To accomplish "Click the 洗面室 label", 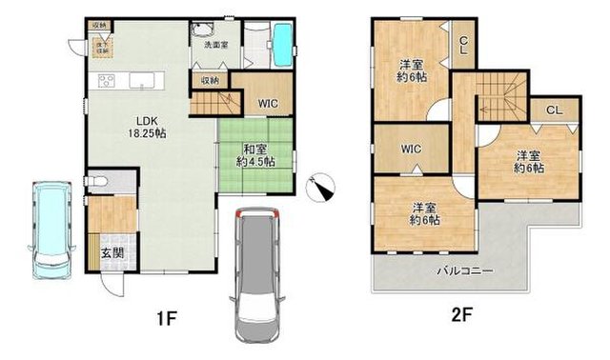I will pyautogui.click(x=214, y=44).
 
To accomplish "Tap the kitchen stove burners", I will pyautogui.click(x=102, y=80).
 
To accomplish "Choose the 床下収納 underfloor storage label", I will pyautogui.click(x=99, y=44).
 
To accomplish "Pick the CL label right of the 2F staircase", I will pyautogui.click(x=553, y=110).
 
